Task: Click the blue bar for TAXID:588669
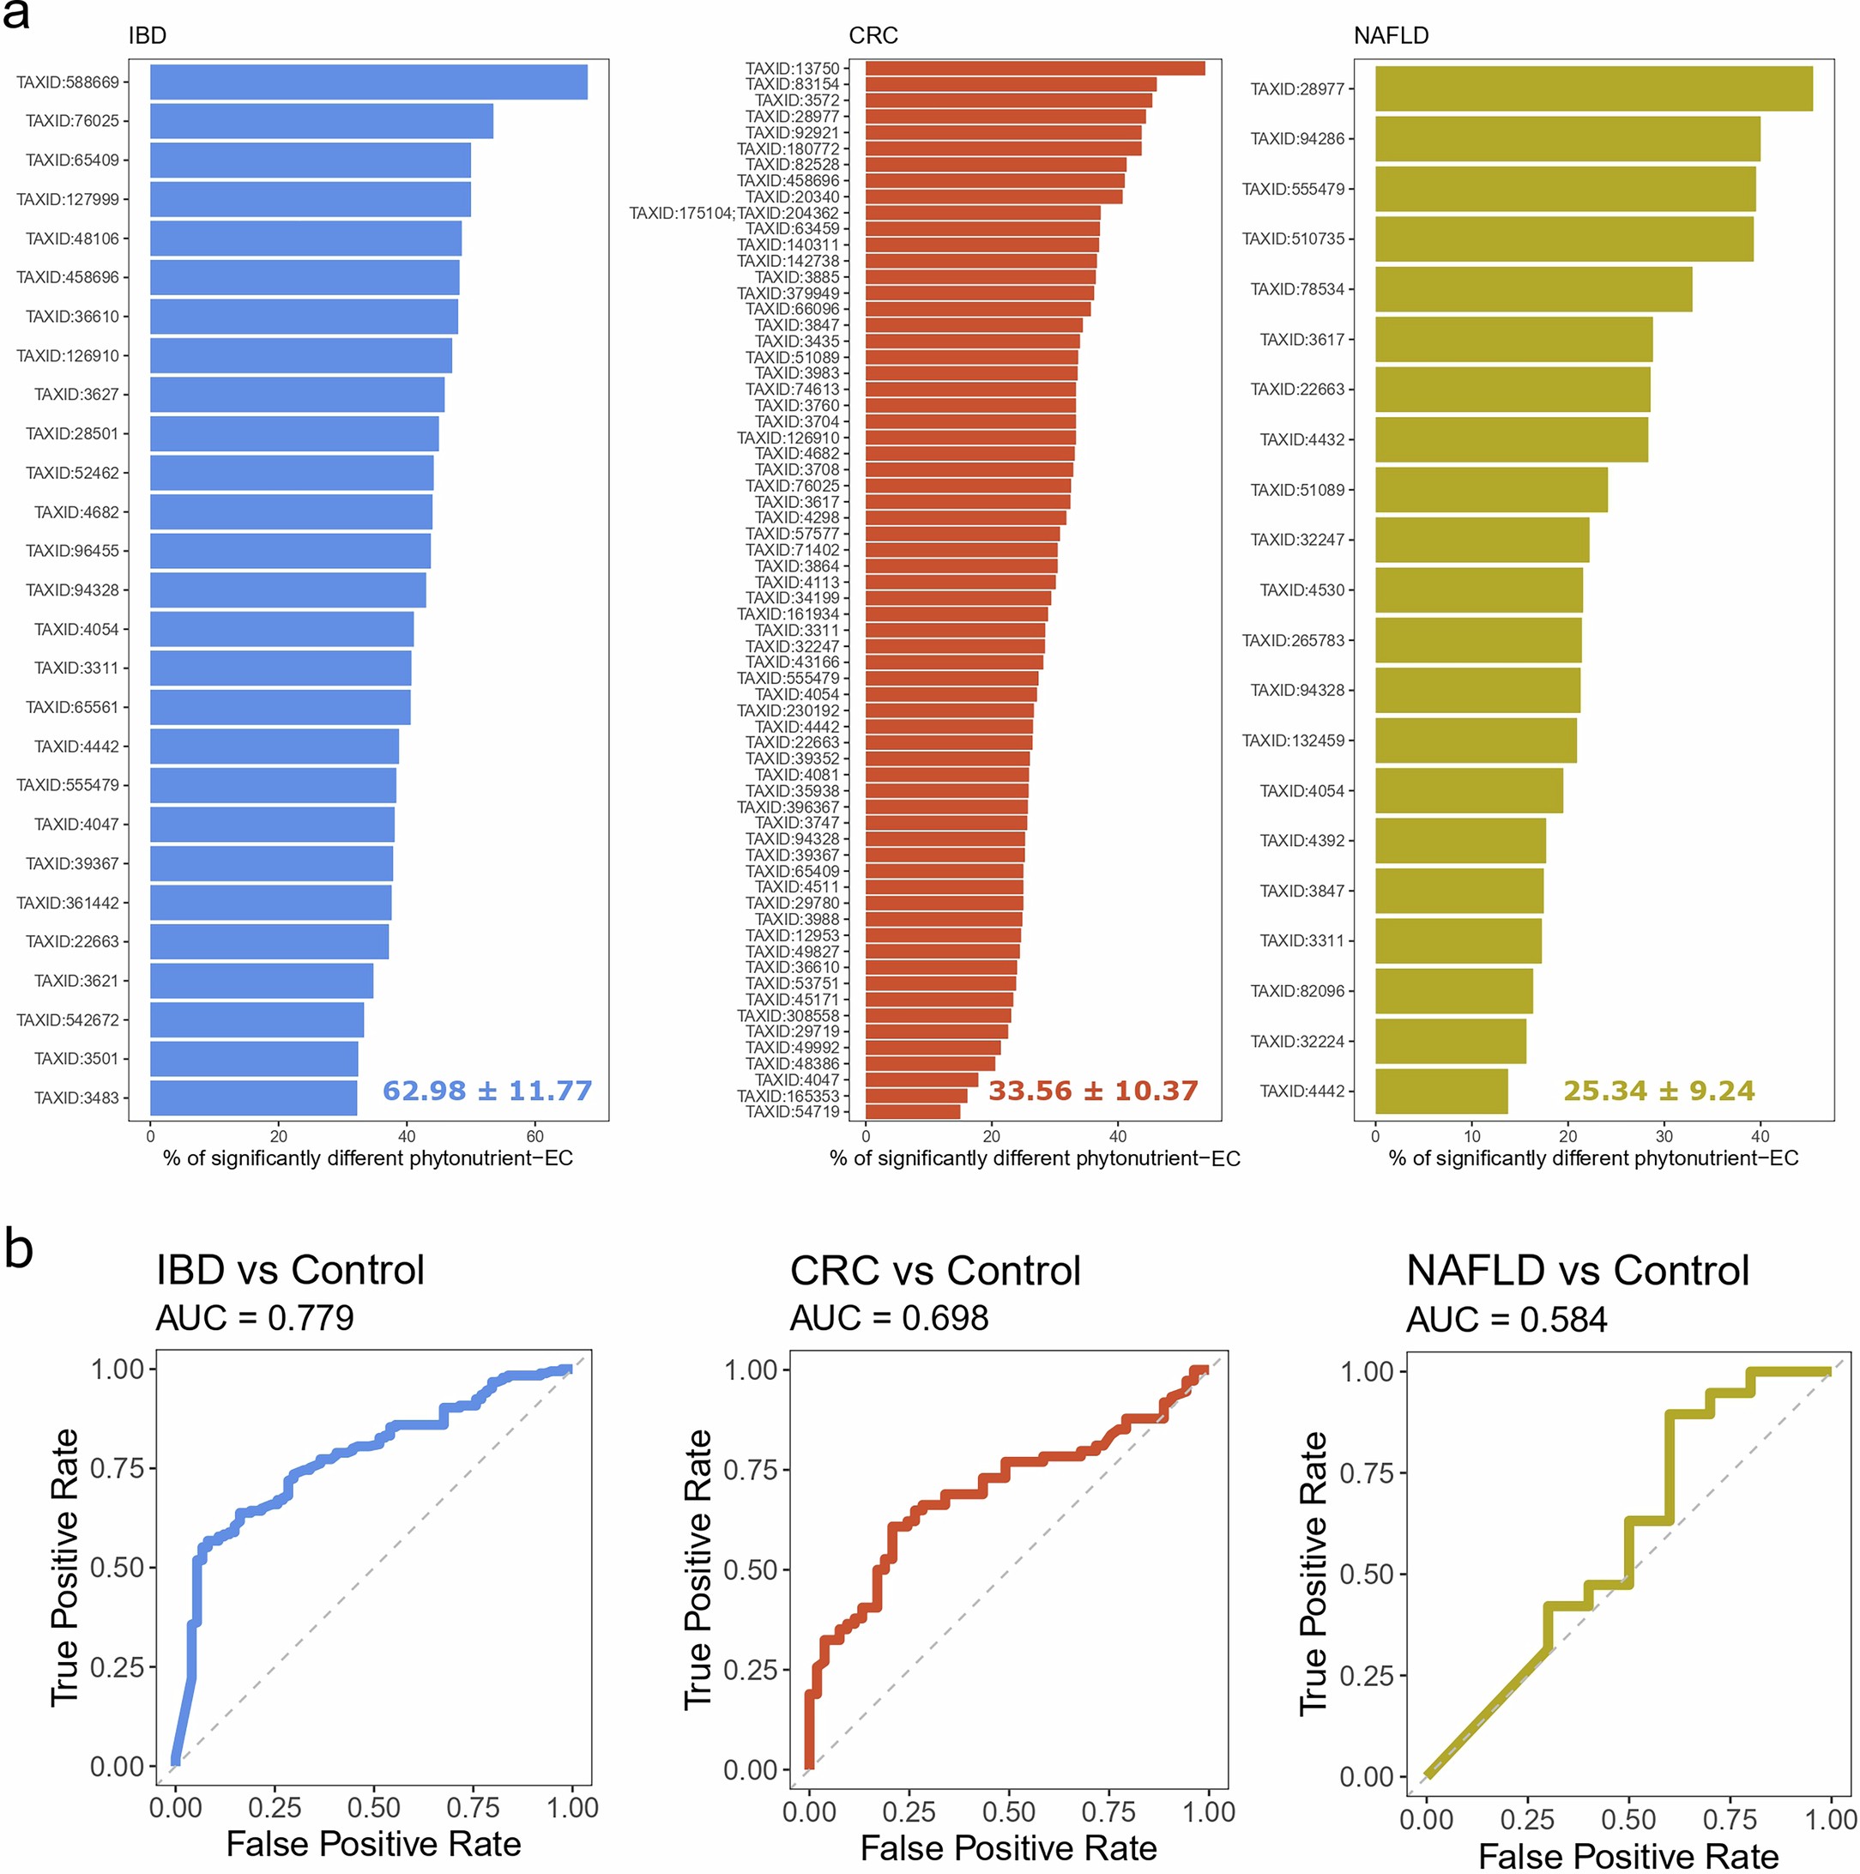coord(369,82)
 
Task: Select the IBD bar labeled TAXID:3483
coord(253,1098)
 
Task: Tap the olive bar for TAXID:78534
coord(1533,289)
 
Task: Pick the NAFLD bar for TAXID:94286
coord(1567,139)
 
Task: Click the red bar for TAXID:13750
coord(1035,68)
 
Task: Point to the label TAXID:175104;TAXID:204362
coord(734,214)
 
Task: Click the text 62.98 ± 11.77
coord(486,1091)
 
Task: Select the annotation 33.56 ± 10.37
coord(1093,1091)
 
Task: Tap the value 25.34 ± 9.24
coord(1658,1091)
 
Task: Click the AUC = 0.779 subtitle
coord(255,1318)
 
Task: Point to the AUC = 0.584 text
coord(1506,1321)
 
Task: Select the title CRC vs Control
coord(935,1271)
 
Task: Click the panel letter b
coord(20,1249)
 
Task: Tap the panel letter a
coord(15,15)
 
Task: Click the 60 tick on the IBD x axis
coord(534,1137)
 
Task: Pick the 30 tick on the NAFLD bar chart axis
coord(1664,1137)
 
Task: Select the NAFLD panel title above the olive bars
coord(1391,36)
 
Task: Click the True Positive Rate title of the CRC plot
coord(698,1569)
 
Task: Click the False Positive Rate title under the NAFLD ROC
coord(1628,1857)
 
